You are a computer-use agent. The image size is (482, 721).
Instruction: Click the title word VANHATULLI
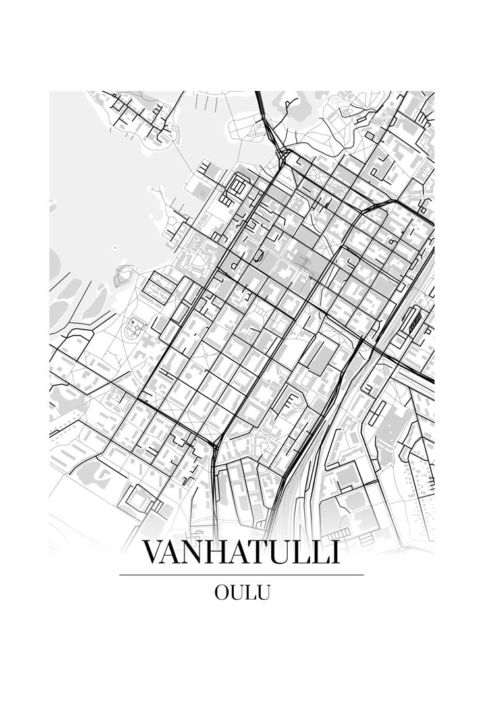(x=241, y=552)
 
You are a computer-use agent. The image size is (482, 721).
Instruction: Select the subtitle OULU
(x=242, y=592)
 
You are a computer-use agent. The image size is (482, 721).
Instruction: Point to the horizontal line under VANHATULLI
(x=241, y=575)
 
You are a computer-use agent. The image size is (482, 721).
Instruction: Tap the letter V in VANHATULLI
(x=153, y=552)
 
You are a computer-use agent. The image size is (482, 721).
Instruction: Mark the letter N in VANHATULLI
(x=196, y=552)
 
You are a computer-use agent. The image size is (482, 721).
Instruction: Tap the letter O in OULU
(x=222, y=592)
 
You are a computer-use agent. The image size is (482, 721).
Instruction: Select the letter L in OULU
(x=251, y=592)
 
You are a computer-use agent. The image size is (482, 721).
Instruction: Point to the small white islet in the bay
(x=115, y=248)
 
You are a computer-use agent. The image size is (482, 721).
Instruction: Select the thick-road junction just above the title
(x=215, y=447)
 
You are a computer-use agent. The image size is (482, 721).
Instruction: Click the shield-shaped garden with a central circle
(x=135, y=327)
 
